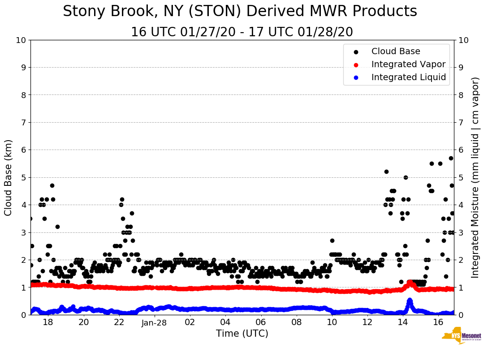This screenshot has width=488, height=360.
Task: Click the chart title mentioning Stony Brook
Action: pyautogui.click(x=240, y=12)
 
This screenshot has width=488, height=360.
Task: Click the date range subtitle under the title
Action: pyautogui.click(x=242, y=32)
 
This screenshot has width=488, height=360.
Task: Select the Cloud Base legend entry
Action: pyautogui.click(x=396, y=51)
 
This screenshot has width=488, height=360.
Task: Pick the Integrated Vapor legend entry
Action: pyautogui.click(x=408, y=64)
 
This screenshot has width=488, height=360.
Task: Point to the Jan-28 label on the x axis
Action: pyautogui.click(x=154, y=322)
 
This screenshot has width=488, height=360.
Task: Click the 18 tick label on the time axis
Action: pyautogui.click(x=48, y=322)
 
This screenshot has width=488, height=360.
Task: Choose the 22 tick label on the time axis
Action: pyautogui.click(x=119, y=322)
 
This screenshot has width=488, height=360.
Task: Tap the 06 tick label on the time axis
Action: pyautogui.click(x=260, y=322)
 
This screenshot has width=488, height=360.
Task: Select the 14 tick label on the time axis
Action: pyautogui.click(x=403, y=322)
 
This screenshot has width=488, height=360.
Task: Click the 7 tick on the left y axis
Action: pyautogui.click(x=22, y=122)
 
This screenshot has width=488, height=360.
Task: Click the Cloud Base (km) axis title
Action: pyautogui.click(x=9, y=177)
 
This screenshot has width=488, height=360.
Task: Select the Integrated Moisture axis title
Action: pyautogui.click(x=475, y=177)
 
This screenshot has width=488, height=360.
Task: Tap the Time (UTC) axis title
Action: pyautogui.click(x=242, y=334)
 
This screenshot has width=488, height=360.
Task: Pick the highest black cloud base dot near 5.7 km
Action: pyautogui.click(x=451, y=158)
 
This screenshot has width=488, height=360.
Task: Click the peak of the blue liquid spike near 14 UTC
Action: pyautogui.click(x=410, y=300)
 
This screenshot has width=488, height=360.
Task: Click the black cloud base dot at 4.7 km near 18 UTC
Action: pyautogui.click(x=52, y=185)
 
